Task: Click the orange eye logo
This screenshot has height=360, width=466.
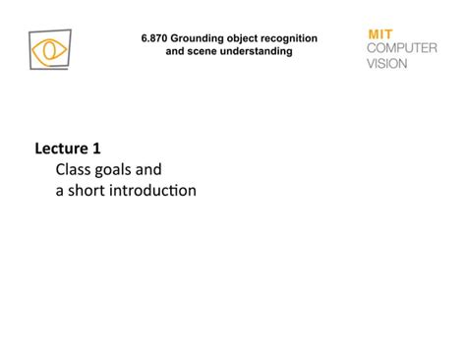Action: [49, 50]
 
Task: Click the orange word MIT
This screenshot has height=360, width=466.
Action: [379, 33]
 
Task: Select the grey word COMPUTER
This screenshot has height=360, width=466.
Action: [401, 48]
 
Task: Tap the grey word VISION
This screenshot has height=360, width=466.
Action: [386, 63]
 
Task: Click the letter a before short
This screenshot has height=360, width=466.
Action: [59, 191]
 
